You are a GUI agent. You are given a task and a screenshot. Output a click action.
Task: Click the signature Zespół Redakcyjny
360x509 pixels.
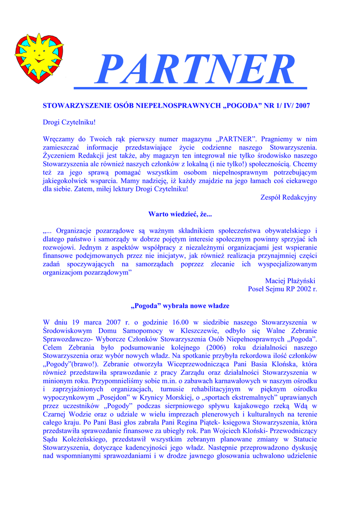click(x=288, y=197)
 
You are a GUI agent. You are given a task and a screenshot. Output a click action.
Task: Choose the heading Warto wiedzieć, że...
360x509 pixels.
click(x=180, y=214)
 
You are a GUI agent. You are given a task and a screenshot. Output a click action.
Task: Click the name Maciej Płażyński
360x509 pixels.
click(x=291, y=280)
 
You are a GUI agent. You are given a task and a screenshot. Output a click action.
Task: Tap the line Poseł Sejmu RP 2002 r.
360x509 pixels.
click(x=282, y=289)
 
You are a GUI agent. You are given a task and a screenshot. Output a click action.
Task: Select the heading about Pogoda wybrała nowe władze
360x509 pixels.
click(x=180, y=306)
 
